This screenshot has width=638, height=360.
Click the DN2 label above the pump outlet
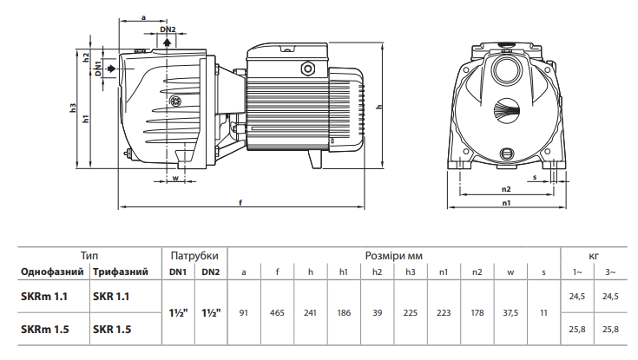168,29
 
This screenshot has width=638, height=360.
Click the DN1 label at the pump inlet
98,68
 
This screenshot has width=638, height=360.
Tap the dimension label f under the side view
240,202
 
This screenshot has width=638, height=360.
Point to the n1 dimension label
506,203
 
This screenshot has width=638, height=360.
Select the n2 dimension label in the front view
506,189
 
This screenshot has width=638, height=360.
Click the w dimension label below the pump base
175,178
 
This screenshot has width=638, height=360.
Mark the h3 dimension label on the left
73,108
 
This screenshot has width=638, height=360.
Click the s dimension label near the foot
535,177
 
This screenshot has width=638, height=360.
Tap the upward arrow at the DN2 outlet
167,43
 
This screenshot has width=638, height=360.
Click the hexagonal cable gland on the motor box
307,69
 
